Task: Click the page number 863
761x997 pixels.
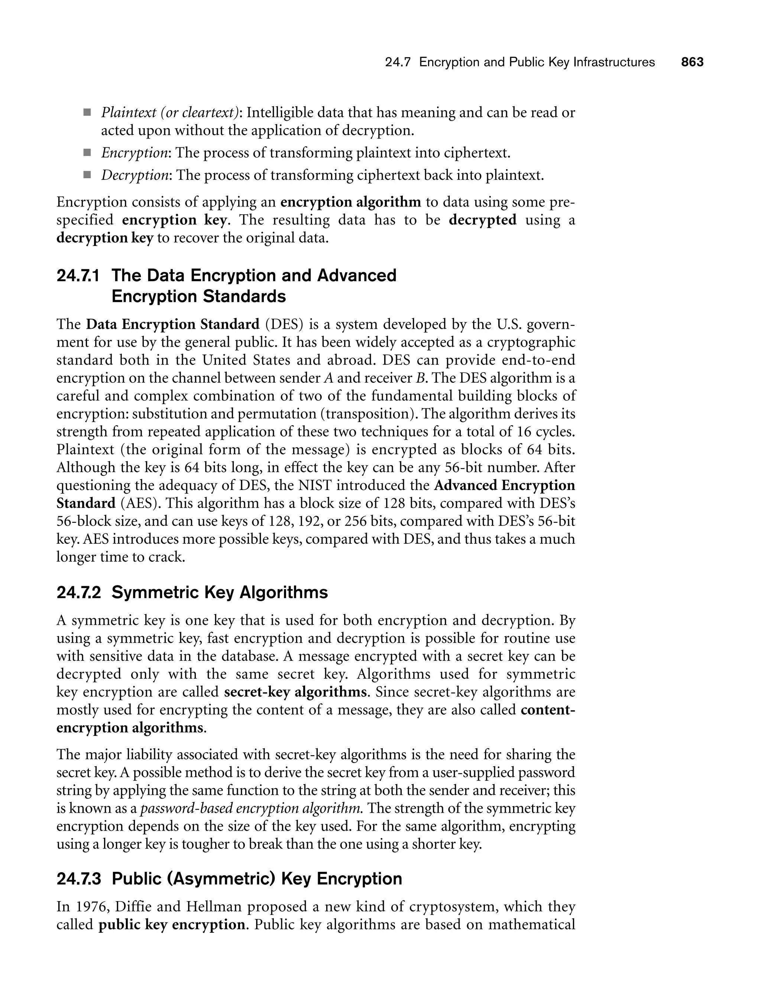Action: pos(692,62)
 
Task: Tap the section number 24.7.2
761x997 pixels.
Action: pos(78,592)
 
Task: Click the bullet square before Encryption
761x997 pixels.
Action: pos(87,153)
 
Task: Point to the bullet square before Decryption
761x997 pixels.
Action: pos(87,175)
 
